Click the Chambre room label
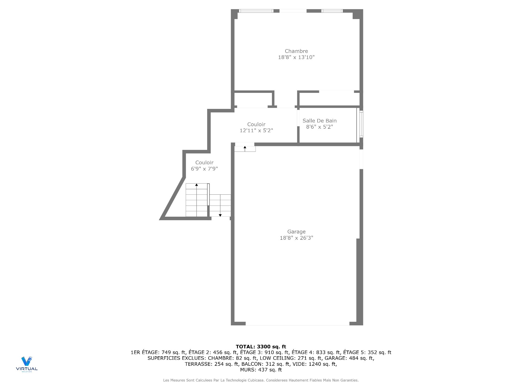coord(296,51)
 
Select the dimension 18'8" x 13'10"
coord(296,57)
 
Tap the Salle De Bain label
coord(319,121)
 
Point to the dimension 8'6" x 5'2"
coord(319,127)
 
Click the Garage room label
coord(296,232)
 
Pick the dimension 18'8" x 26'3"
coord(296,238)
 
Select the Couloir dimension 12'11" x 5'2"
coord(256,131)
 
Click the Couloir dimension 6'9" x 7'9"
coord(204,169)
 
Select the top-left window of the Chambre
coord(256,11)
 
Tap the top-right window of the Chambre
coord(332,11)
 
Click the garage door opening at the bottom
coord(297,324)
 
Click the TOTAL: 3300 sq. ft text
coord(261,346)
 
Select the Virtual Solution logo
coord(27,364)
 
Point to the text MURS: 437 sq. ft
coord(261,370)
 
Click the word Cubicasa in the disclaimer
coord(256,380)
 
